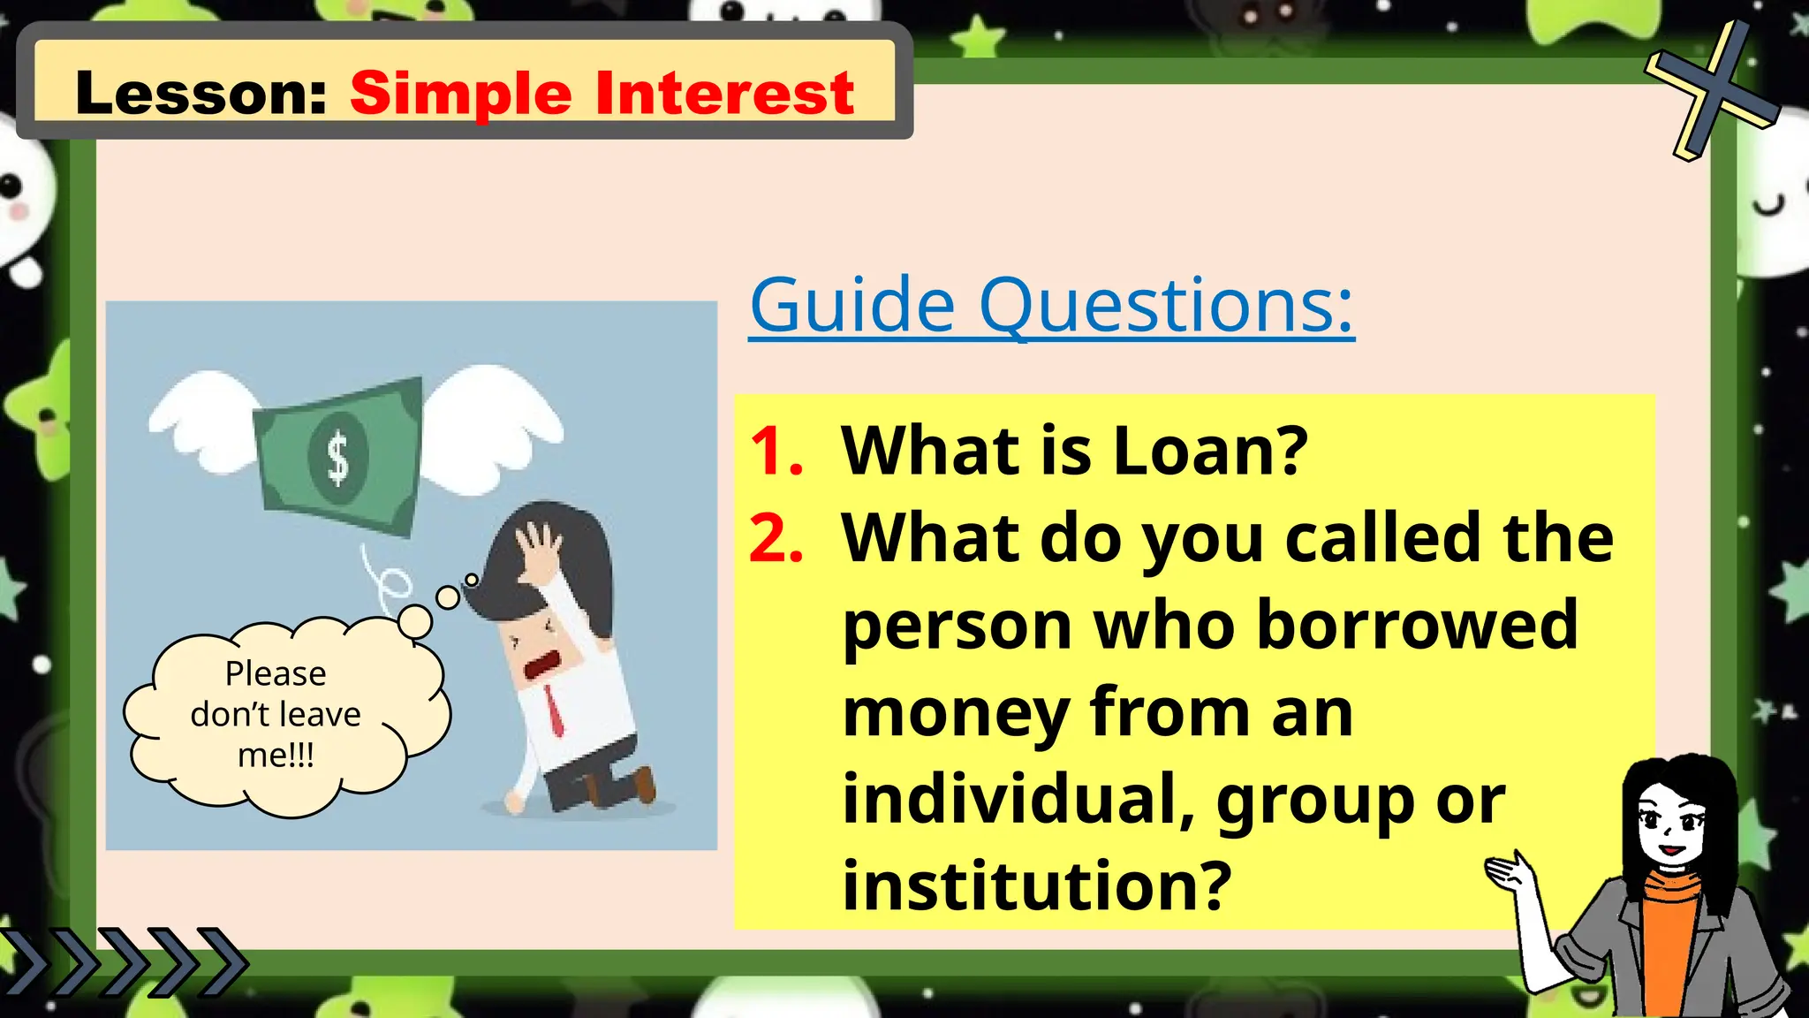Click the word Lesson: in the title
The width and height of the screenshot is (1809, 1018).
pyautogui.click(x=201, y=93)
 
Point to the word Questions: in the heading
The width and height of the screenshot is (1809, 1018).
pyautogui.click(x=1166, y=307)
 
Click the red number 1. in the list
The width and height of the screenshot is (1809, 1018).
pyautogui.click(x=776, y=452)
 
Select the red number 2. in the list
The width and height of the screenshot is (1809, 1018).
pyautogui.click(x=776, y=538)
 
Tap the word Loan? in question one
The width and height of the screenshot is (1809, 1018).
pyautogui.click(x=1210, y=451)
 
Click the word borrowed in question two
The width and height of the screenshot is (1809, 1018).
pyautogui.click(x=1417, y=625)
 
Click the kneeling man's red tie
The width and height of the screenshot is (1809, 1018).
pyautogui.click(x=554, y=711)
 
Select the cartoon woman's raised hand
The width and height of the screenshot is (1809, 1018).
pyautogui.click(x=1512, y=875)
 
